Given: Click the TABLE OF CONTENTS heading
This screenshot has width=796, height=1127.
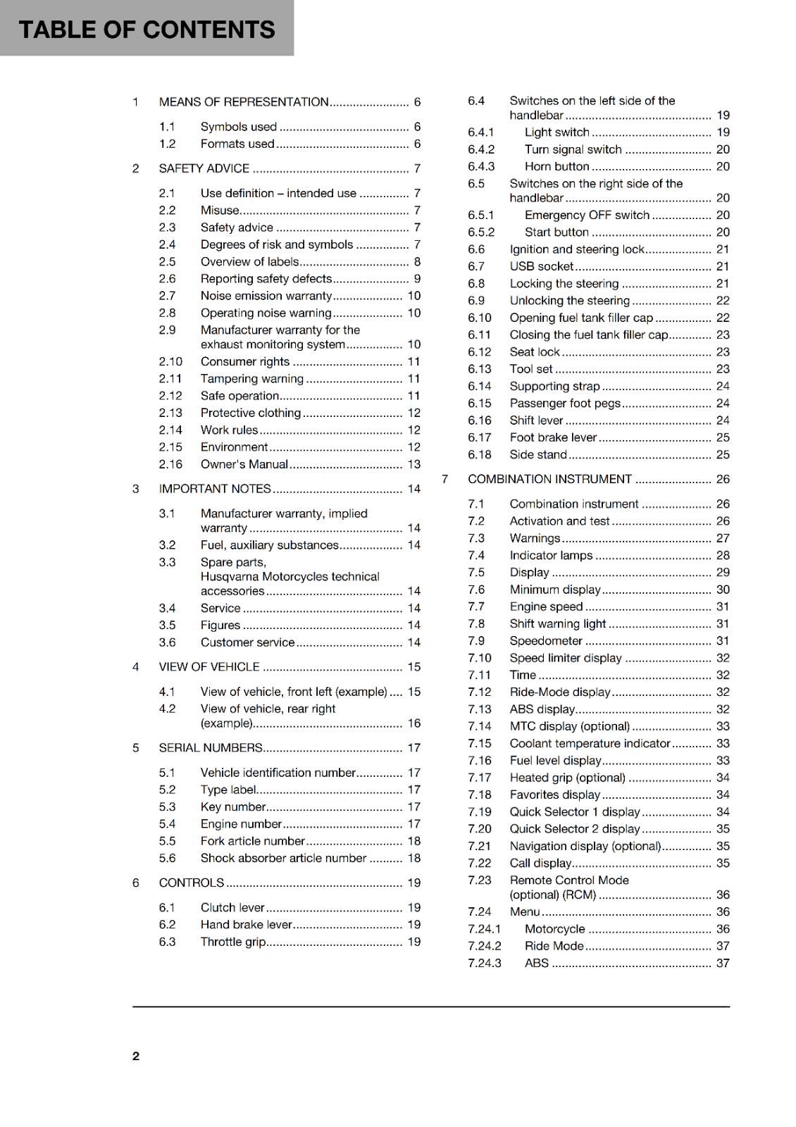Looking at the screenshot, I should click(x=147, y=30).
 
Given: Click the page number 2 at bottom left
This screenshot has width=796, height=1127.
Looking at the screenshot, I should click(x=136, y=1056).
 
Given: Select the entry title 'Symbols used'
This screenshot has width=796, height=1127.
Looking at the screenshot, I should click(x=238, y=127).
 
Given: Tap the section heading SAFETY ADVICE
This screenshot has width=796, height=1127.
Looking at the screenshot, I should click(x=204, y=168).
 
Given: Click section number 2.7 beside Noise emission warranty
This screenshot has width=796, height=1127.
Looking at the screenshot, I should click(x=167, y=296).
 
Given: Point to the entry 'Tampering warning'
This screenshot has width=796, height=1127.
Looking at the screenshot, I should click(x=251, y=379).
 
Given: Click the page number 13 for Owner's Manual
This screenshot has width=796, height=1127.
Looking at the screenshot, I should click(x=414, y=464).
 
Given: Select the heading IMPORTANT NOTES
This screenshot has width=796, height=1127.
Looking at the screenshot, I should click(x=214, y=489).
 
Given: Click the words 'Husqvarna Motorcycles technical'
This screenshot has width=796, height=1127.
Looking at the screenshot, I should click(x=290, y=576).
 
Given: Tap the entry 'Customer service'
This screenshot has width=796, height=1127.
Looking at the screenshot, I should click(x=247, y=642).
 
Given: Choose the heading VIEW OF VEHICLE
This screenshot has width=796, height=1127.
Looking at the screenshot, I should click(x=209, y=667).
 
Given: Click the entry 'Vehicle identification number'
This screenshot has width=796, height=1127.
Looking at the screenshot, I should click(x=278, y=773).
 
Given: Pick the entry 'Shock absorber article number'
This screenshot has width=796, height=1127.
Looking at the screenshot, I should click(x=283, y=858).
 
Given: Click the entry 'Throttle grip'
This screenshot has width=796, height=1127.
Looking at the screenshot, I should click(x=232, y=942).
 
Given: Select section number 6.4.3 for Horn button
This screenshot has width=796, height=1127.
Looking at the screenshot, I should click(x=481, y=167).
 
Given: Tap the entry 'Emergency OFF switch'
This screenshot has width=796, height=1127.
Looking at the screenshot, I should click(x=587, y=215).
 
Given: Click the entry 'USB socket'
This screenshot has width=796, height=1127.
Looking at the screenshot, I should click(x=541, y=266).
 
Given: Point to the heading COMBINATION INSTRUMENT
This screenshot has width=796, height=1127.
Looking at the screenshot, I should click(x=549, y=479).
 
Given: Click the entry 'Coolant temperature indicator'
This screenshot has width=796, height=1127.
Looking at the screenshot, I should click(x=590, y=744).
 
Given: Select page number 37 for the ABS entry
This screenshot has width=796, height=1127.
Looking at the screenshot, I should click(x=723, y=963).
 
